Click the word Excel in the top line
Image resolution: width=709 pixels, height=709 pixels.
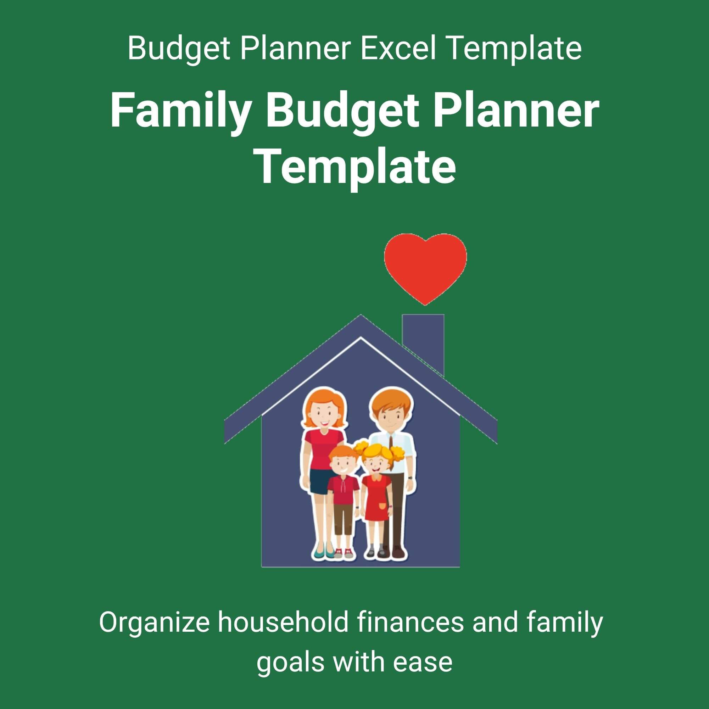398,49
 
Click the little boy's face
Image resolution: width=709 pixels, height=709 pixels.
343,466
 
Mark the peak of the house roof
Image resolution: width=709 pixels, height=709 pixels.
361,314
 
